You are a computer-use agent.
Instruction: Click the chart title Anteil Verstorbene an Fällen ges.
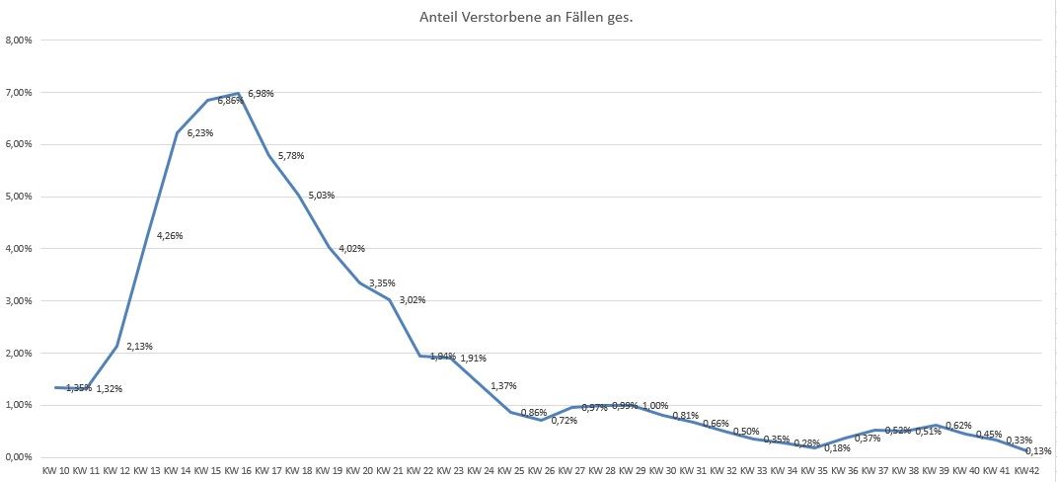coord(527,17)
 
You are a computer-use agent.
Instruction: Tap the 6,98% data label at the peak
coord(261,94)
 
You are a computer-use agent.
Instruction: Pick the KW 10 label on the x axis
coord(56,469)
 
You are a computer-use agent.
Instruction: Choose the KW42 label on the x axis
coord(1027,469)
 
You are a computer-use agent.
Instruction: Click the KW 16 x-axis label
coord(239,469)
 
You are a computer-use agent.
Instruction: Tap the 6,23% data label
coord(200,132)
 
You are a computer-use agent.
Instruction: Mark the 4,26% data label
coord(170,236)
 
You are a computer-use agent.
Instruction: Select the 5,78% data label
coord(290,156)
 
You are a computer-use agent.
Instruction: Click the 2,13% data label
coord(139,347)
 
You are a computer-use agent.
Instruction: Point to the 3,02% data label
coord(412,300)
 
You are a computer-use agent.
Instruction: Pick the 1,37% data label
coord(503,386)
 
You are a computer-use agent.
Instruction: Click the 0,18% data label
coord(837,448)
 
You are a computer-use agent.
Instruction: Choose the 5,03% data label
coord(321,196)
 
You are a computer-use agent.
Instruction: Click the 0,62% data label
coord(958,426)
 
